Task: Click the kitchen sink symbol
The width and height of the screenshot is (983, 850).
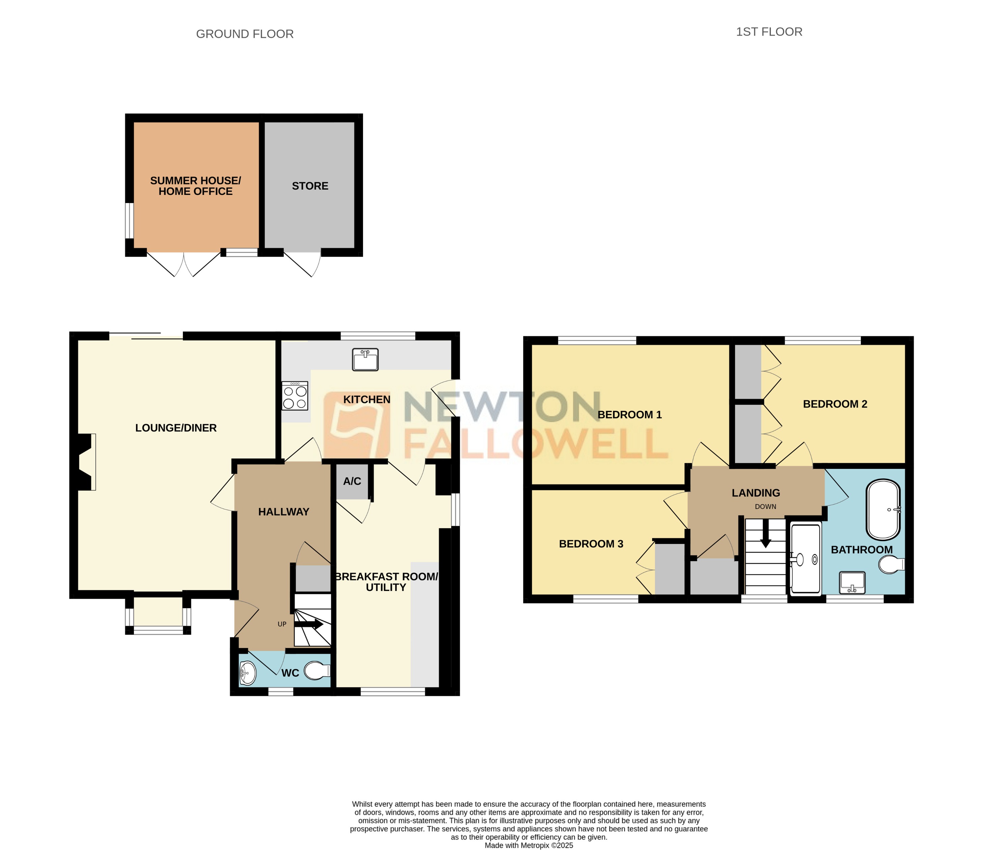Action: pos(365,359)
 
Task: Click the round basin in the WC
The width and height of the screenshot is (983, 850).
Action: pos(247,673)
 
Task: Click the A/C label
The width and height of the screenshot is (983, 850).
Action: pos(352,481)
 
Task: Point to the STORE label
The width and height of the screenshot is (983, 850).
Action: pos(310,186)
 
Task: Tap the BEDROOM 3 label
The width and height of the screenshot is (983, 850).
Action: pos(591,544)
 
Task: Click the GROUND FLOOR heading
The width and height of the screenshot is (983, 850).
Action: pos(245,34)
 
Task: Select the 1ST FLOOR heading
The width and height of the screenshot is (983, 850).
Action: pos(768,32)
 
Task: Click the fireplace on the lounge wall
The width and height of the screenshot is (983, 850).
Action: pos(86,462)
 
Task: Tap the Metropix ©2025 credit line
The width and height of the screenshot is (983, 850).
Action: pos(529,845)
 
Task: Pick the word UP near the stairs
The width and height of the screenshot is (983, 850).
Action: pos(282,624)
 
